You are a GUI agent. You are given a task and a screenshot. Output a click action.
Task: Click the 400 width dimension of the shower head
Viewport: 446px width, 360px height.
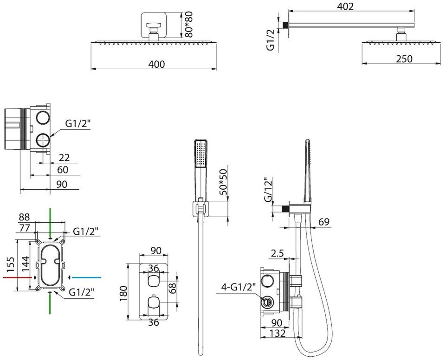[x=156, y=64]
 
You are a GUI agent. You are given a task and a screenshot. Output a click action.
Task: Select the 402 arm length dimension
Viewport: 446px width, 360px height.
[x=345, y=6]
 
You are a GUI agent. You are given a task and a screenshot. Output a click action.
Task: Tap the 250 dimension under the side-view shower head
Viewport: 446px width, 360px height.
[x=404, y=58]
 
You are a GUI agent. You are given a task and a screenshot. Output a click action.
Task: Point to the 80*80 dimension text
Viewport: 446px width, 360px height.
[x=188, y=25]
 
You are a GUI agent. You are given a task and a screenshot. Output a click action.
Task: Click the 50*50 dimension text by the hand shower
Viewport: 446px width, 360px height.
[x=223, y=182]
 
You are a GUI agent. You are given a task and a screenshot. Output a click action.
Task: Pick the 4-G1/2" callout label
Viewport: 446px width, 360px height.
[x=239, y=288]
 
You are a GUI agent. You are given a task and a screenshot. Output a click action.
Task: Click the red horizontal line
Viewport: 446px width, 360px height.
[x=17, y=276]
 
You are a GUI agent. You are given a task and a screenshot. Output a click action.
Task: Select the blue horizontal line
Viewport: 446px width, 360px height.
[x=86, y=277]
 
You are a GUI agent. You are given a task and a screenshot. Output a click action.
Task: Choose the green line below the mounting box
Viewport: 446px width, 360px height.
[x=50, y=304]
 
